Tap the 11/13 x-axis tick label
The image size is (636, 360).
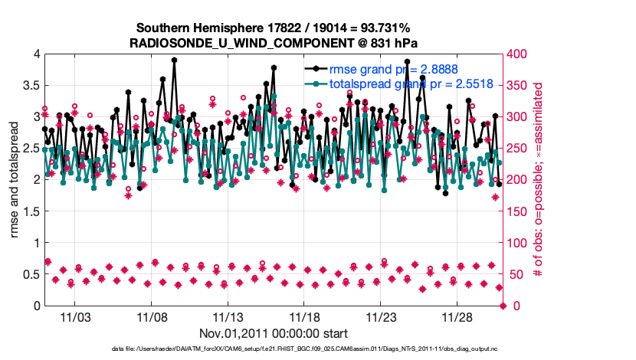pyautogui.click(x=228, y=317)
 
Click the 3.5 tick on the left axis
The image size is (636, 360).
pyautogui.click(x=31, y=85)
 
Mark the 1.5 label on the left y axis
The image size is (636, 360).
pyautogui.click(x=31, y=211)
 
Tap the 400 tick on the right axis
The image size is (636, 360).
pyautogui.click(x=518, y=54)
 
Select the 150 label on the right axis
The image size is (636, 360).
pyautogui.click(x=518, y=211)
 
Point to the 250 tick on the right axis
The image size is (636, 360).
pyautogui.click(x=518, y=149)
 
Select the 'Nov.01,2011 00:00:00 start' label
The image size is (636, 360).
pyautogui.click(x=274, y=333)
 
